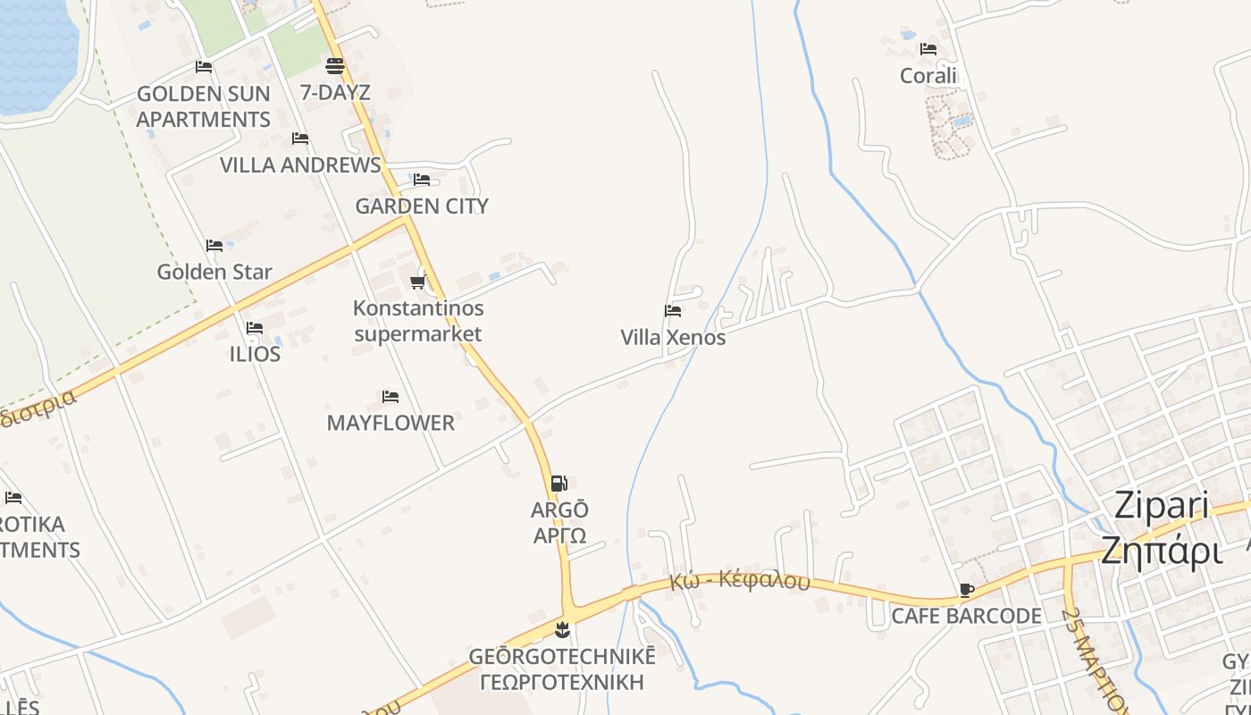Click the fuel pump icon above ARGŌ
[x=558, y=484]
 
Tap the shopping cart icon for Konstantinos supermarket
[x=417, y=282]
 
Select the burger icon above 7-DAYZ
[x=335, y=65]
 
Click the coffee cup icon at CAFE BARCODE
[x=966, y=590]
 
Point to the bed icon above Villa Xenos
[x=673, y=311]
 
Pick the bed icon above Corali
[x=928, y=49]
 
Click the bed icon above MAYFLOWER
[x=390, y=397]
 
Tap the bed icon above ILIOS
[x=255, y=328]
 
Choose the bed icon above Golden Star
[x=214, y=246]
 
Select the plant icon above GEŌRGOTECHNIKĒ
[x=562, y=630]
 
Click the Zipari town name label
[x=1162, y=506]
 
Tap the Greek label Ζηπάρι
[x=1162, y=551]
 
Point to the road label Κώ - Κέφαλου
[x=739, y=581]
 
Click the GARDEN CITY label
[x=422, y=206]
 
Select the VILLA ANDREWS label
[x=300, y=165]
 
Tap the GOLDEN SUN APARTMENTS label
[x=204, y=106]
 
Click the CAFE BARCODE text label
[x=966, y=616]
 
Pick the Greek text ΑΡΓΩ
[x=560, y=535]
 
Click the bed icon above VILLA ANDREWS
[x=300, y=139]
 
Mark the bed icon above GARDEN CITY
[x=422, y=180]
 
